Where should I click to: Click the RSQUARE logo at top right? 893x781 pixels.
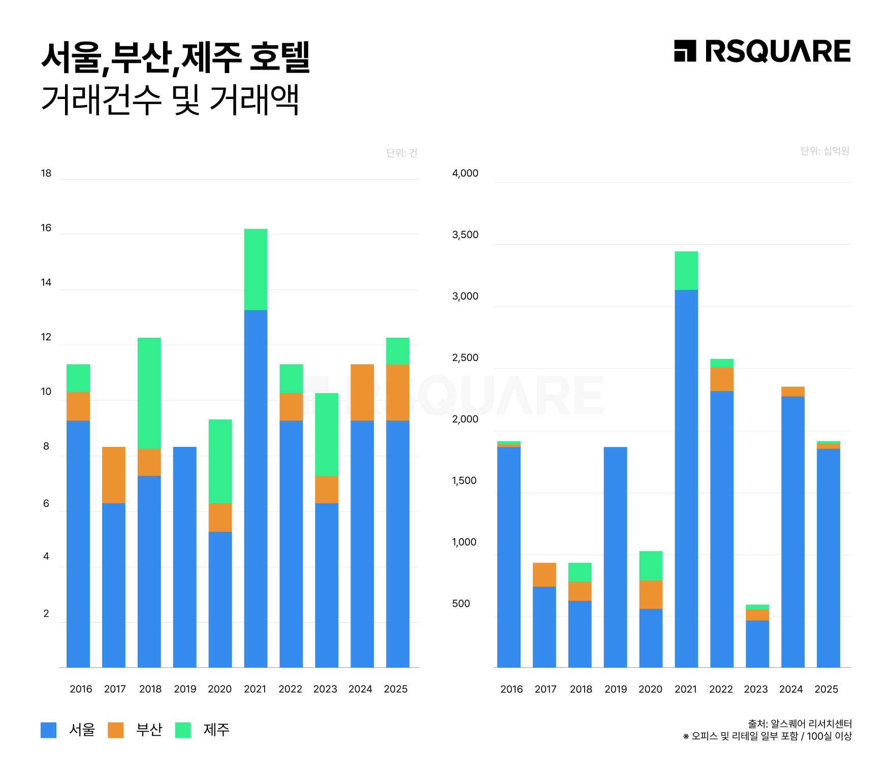pyautogui.click(x=762, y=51)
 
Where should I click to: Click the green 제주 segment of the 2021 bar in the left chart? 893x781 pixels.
pyautogui.click(x=256, y=269)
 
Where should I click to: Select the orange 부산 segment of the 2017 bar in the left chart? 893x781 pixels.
pyautogui.click(x=114, y=475)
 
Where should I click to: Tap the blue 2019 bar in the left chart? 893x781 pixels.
pyautogui.click(x=184, y=557)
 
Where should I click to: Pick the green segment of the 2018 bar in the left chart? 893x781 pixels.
pyautogui.click(x=149, y=393)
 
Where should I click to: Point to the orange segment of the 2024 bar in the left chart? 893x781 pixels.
pyautogui.click(x=362, y=392)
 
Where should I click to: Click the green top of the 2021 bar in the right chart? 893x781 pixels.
pyautogui.click(x=686, y=270)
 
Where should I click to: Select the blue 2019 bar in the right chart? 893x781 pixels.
pyautogui.click(x=615, y=557)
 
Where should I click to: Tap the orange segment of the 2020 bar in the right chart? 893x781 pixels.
pyautogui.click(x=651, y=594)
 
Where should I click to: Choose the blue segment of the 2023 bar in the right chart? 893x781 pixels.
pyautogui.click(x=757, y=643)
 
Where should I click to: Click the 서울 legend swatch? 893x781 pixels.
pyautogui.click(x=49, y=730)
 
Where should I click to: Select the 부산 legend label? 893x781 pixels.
pyautogui.click(x=149, y=730)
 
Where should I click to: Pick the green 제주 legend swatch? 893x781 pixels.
pyautogui.click(x=183, y=730)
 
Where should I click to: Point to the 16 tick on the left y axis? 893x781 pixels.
pyautogui.click(x=46, y=228)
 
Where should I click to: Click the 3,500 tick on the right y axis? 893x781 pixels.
pyautogui.click(x=465, y=235)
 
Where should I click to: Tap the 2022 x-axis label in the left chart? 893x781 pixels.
pyautogui.click(x=290, y=689)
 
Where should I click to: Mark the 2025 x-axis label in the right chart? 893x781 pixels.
pyautogui.click(x=826, y=689)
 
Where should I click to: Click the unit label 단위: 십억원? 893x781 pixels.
pyautogui.click(x=824, y=151)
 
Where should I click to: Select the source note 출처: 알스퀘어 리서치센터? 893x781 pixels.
pyautogui.click(x=800, y=724)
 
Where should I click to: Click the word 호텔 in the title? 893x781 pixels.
pyautogui.click(x=280, y=57)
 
